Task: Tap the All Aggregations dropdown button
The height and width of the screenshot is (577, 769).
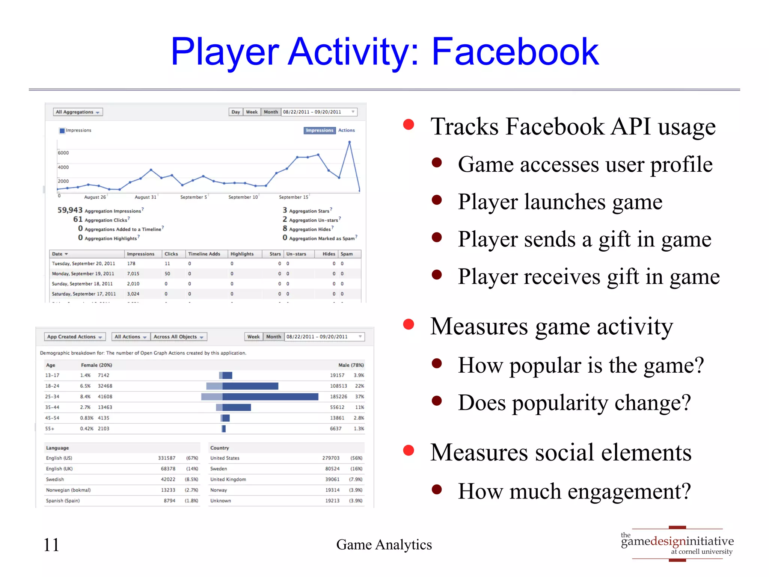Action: click(x=78, y=112)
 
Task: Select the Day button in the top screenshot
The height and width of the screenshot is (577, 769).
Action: click(x=235, y=112)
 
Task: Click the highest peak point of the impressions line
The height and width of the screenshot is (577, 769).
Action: click(x=350, y=142)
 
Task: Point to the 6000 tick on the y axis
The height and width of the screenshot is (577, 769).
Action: click(x=63, y=153)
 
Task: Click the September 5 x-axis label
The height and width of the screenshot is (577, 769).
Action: click(x=193, y=197)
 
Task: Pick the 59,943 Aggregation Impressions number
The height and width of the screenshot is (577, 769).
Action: click(x=70, y=210)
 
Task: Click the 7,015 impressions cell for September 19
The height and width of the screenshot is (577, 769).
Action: click(x=133, y=274)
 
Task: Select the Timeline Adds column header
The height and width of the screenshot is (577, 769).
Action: click(x=204, y=254)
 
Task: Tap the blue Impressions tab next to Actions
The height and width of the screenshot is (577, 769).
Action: click(x=319, y=130)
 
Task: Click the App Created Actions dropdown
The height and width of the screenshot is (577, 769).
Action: click(x=74, y=337)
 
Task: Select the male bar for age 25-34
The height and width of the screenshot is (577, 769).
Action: click(x=270, y=397)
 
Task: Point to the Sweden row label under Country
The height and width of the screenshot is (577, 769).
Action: click(x=219, y=469)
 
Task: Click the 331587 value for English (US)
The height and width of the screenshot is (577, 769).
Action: click(x=167, y=458)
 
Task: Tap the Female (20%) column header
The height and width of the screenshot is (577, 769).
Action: click(x=97, y=365)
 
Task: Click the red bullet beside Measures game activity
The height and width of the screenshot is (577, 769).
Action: click(x=409, y=325)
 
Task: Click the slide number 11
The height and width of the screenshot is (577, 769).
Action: click(x=51, y=545)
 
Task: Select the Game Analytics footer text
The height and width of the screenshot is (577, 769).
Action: click(x=384, y=545)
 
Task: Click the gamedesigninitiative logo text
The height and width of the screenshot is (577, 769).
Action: click(x=677, y=541)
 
